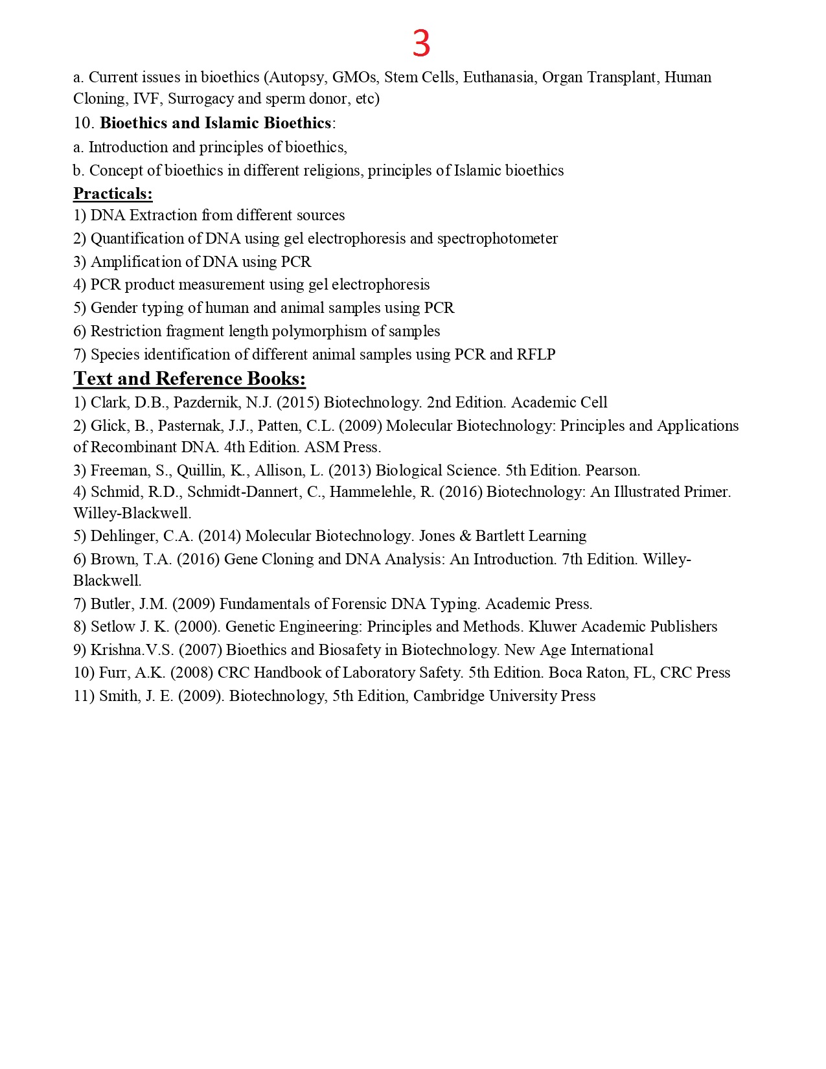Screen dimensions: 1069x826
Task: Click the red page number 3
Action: [421, 44]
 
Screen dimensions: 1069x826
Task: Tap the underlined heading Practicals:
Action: [113, 194]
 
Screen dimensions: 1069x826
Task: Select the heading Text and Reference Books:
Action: [189, 378]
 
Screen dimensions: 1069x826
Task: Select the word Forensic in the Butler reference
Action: [358, 604]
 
